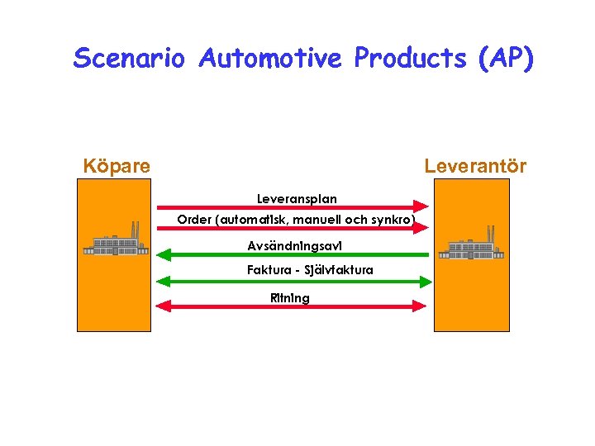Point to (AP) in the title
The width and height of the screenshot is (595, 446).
505,59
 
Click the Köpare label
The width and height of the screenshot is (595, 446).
117,166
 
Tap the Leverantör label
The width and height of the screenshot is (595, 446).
475,166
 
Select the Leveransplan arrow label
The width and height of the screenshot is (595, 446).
297,199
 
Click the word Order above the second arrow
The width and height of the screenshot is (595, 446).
194,221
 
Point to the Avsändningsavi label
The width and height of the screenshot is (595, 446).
294,245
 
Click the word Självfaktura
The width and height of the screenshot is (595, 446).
339,270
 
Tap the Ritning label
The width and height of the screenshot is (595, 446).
290,298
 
